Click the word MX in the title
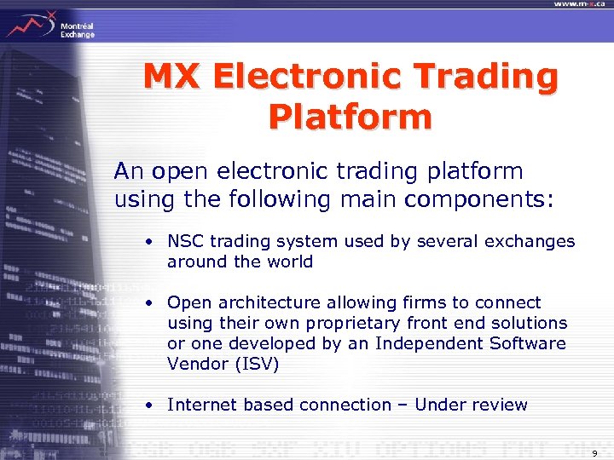(175, 78)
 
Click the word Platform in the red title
(350, 117)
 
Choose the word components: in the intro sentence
(489, 199)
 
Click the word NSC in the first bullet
(183, 241)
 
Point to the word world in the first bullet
(288, 262)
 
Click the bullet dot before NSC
(149, 242)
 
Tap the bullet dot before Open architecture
(149, 303)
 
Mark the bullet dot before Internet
(149, 405)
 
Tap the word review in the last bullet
(499, 405)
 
